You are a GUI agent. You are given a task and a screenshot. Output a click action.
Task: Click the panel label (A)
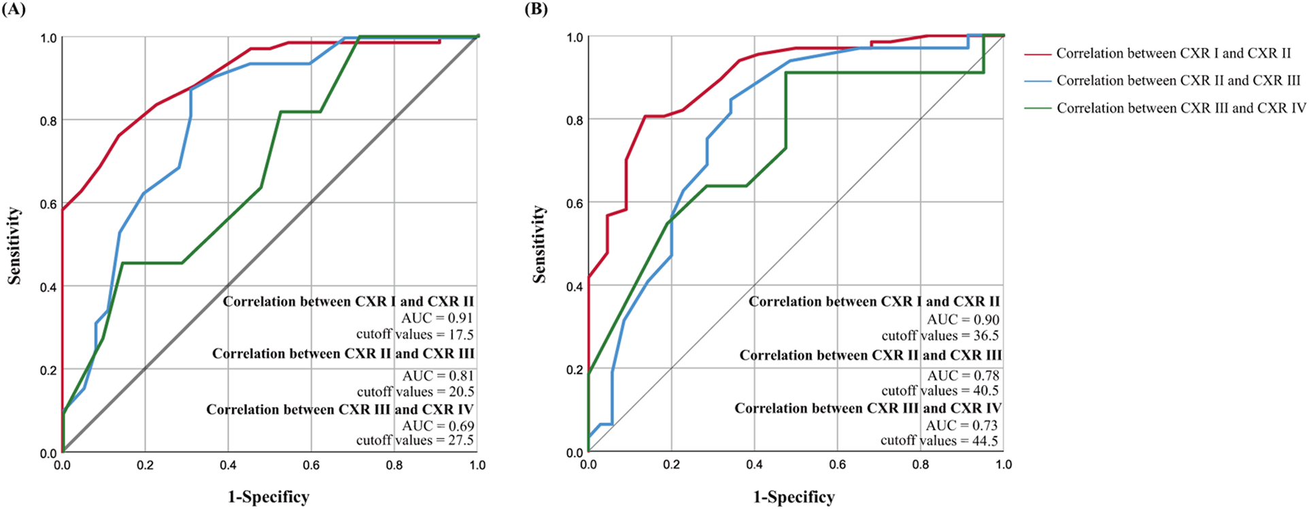coord(14,10)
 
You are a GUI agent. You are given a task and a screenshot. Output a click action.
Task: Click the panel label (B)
coord(536,10)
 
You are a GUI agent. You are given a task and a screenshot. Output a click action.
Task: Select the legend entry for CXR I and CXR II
coord(1173,53)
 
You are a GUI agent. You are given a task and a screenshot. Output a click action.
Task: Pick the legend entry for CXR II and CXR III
coord(1178,80)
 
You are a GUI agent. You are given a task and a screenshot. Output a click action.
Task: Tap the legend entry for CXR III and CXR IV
coord(1180,108)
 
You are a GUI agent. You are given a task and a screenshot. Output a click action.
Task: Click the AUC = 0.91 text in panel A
coord(437,318)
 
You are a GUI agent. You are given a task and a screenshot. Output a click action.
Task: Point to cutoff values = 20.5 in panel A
coord(415,391)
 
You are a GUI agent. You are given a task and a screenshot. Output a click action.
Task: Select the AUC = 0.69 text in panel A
coord(437,425)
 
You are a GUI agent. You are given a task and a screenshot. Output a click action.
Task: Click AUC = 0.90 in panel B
coord(962,319)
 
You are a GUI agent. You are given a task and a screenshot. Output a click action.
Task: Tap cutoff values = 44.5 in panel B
coord(939,440)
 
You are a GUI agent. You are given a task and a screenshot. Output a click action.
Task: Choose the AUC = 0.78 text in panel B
coord(962,375)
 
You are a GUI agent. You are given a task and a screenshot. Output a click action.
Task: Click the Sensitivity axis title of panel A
coord(14,246)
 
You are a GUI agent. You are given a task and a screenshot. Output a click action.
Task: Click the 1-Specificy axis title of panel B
coord(794,497)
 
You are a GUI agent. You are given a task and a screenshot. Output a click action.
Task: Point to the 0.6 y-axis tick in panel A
coord(48,203)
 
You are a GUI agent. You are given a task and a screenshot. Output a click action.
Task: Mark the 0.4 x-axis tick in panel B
coord(754,465)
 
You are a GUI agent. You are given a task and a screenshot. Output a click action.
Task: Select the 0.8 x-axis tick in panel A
coord(394,465)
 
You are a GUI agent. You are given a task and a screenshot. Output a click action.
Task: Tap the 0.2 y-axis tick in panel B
coord(575,370)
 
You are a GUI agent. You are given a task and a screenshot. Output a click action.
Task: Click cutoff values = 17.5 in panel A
coord(415,334)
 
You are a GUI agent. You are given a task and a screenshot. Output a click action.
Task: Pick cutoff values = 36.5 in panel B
coord(940,335)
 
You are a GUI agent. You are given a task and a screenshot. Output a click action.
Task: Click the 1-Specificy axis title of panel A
coord(268,497)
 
